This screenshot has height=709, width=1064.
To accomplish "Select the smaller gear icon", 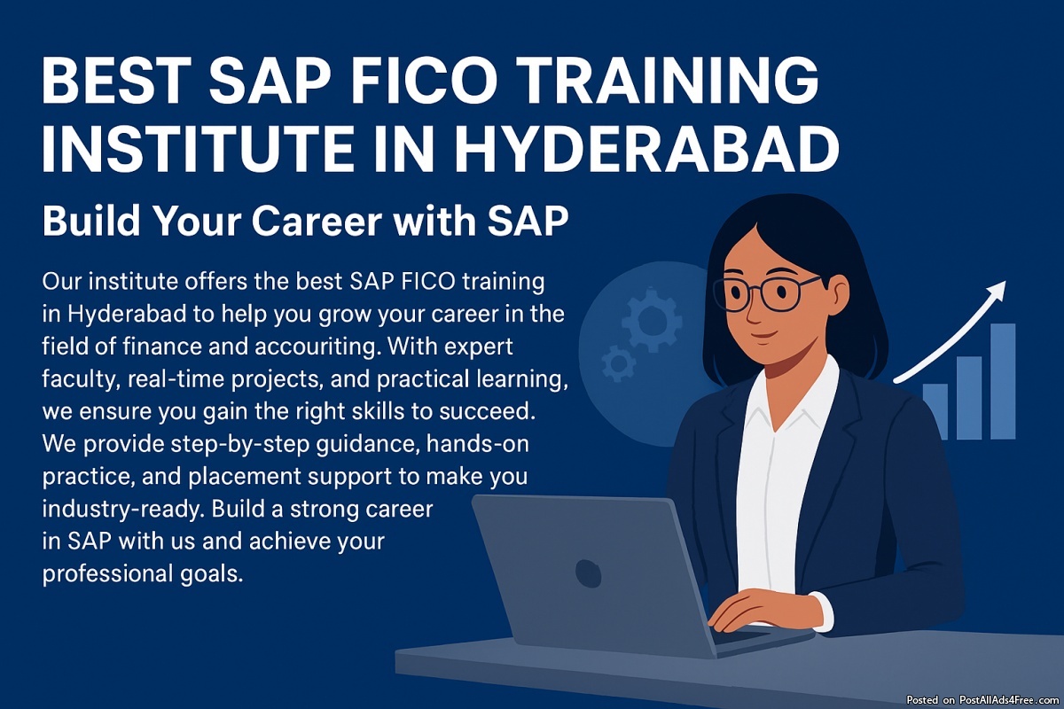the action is click(618, 363).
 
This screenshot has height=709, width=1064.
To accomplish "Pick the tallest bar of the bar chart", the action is click(1003, 381).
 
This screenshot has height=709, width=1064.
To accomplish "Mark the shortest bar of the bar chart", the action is click(935, 412).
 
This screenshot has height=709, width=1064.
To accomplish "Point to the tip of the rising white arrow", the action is click(1005, 282).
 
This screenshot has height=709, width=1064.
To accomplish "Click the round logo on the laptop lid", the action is click(588, 573).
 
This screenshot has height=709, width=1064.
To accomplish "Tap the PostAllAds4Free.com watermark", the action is click(1009, 700).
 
